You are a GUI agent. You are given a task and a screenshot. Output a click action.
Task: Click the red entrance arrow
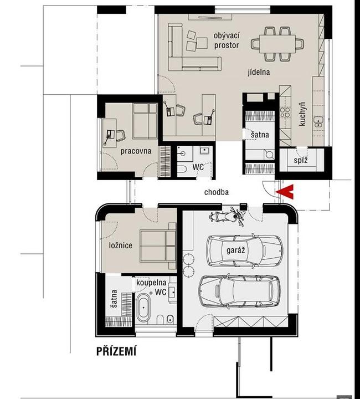(x=285, y=192)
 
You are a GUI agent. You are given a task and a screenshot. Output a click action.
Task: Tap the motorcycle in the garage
(x=227, y=217)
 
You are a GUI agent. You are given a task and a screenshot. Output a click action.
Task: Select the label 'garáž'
(x=236, y=250)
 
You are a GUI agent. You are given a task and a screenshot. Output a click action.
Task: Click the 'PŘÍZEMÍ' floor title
(x=116, y=351)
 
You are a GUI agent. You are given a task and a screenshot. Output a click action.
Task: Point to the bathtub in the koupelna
(x=143, y=308)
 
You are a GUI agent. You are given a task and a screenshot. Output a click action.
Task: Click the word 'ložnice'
(x=121, y=245)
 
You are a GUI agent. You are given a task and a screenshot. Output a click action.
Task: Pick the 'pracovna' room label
(x=136, y=151)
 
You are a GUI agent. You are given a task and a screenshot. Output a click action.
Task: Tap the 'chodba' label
(x=217, y=192)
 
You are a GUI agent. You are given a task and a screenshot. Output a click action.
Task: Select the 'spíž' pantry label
(x=301, y=160)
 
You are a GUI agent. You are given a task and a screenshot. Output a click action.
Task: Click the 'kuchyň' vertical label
(x=302, y=114)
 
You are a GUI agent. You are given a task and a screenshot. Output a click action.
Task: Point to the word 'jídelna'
(x=259, y=72)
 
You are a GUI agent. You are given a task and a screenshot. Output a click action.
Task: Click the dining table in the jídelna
(x=277, y=44)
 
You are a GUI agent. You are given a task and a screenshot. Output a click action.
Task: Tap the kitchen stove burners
(x=285, y=112)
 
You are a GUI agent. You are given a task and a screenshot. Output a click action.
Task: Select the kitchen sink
(x=318, y=122)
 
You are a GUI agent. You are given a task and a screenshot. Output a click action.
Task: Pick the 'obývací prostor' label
(x=227, y=40)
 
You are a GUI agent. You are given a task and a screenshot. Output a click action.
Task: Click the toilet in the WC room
(x=182, y=168)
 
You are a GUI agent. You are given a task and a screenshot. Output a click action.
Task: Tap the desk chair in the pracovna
(x=121, y=135)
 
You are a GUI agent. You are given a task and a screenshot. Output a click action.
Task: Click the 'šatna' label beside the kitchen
(x=260, y=134)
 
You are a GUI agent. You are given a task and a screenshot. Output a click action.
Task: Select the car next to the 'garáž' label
(x=244, y=250)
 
